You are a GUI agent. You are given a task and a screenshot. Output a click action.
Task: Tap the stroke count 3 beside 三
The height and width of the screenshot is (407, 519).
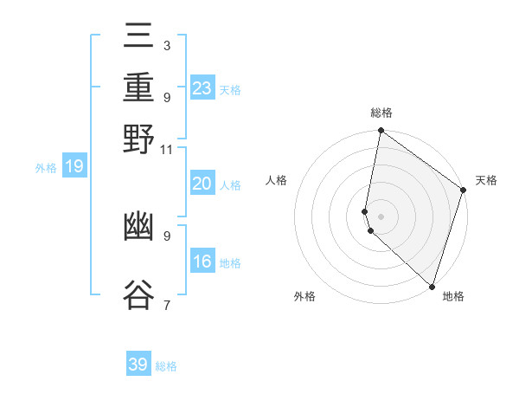[166, 46]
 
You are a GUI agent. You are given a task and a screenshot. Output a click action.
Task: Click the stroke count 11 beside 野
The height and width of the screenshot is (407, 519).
[167, 149]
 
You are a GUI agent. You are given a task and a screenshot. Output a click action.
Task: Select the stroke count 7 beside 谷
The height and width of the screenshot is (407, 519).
[166, 304]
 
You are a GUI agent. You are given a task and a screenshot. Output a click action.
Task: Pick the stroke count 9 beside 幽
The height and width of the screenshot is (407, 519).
[166, 235]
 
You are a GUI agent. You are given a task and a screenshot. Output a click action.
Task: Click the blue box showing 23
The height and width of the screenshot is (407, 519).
[202, 88]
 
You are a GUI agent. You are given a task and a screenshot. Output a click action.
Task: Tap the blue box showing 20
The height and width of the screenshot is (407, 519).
[202, 184]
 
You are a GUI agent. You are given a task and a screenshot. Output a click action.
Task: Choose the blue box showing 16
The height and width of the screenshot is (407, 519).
[202, 262]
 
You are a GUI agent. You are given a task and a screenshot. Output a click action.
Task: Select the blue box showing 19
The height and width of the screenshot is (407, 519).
[74, 166]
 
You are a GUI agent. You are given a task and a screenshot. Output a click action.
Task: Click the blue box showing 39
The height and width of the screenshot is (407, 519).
[138, 365]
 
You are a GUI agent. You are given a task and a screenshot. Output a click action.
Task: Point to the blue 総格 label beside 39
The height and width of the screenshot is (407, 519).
[166, 366]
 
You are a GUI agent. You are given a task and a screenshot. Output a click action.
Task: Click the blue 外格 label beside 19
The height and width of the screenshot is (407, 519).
[46, 168]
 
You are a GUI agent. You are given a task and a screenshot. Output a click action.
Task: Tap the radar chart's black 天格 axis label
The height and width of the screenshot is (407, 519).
[486, 180]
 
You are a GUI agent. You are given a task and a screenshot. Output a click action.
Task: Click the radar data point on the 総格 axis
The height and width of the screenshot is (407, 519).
[381, 131]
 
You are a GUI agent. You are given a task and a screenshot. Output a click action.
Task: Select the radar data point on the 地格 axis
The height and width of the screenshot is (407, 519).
[432, 285]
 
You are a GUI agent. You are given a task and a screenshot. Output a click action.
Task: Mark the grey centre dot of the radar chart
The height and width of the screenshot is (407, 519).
[381, 216]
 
